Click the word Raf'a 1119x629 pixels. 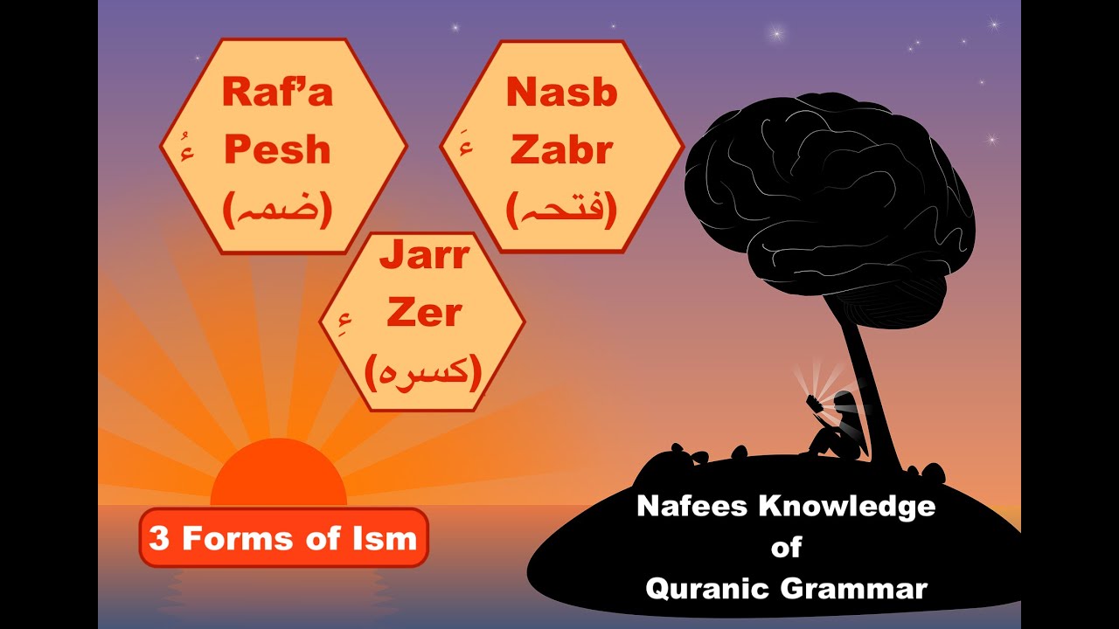277,91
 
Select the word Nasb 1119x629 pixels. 561,93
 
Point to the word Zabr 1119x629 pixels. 561,150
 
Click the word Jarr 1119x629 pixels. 424,258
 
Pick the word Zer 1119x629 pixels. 424,314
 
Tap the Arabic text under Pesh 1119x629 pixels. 277,210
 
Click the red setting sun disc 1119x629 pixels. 278,477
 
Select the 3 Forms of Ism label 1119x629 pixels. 283,537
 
